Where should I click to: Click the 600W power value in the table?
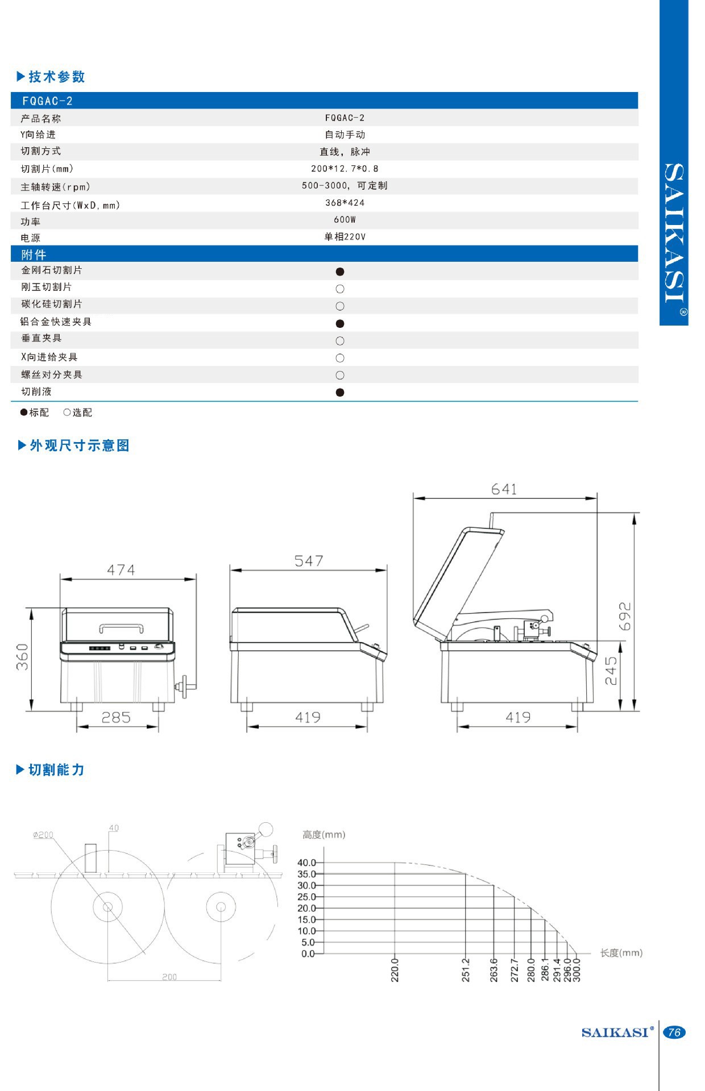pos(345,220)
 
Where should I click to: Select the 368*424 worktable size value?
pos(345,203)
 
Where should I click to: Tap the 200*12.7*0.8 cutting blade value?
pos(345,169)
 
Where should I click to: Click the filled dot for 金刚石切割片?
pos(340,272)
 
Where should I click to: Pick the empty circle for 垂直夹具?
pos(340,341)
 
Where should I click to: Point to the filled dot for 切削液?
pos(340,392)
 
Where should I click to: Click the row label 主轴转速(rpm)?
pos(55,187)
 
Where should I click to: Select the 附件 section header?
pos(34,255)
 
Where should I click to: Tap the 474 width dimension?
pos(121,570)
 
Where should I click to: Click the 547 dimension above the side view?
pos(309,561)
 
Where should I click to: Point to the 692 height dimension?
pos(624,616)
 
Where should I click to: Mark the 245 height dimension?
pos(611,671)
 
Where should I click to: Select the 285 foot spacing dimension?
pos(116,718)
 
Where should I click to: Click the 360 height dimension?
pos(22,657)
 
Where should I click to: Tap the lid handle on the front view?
pos(121,627)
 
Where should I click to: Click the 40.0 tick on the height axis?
pos(306,863)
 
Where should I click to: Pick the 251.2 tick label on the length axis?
pos(466,970)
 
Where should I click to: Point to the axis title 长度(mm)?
pos(621,953)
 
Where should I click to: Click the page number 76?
pos(674,1032)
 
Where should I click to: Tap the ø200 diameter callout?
pos(43,835)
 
